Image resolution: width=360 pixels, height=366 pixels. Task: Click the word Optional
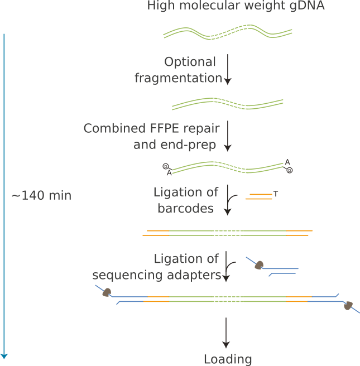[190, 62]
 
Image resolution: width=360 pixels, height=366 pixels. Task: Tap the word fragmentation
[178, 78]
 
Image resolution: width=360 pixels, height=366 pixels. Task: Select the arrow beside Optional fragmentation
[227, 69]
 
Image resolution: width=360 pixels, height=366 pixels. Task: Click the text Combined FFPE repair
[151, 129]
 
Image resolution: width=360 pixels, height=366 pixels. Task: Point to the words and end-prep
[176, 145]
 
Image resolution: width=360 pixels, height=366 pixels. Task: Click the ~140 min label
[41, 196]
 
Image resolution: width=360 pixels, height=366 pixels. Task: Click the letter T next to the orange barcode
[276, 194]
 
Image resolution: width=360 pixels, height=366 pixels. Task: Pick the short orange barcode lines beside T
[260, 196]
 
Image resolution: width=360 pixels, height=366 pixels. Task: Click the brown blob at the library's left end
[105, 292]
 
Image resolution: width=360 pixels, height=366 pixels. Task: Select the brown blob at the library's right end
[348, 305]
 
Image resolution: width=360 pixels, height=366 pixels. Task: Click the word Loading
[228, 359]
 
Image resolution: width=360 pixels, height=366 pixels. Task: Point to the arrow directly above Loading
[226, 333]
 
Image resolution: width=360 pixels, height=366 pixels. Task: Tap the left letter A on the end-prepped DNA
[169, 173]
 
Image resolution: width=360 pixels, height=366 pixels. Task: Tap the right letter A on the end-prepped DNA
[287, 162]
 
